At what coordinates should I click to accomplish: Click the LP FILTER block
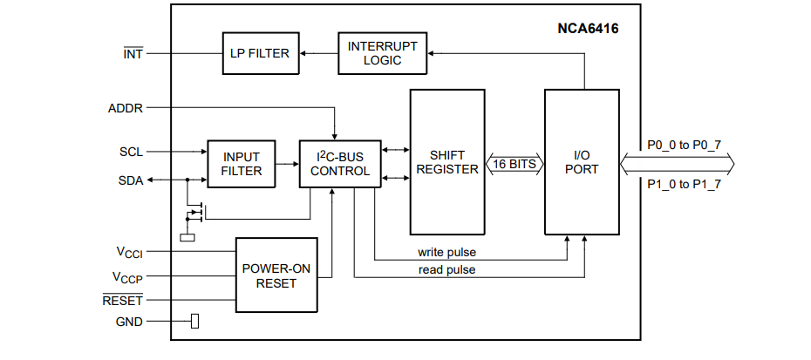[x=259, y=53]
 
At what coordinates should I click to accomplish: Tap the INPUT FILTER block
[x=241, y=164]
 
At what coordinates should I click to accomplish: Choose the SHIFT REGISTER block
[x=447, y=162]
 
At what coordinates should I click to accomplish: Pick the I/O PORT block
[x=582, y=162]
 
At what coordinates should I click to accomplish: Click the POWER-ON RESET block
[x=276, y=275]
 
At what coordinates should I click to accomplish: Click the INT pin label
[x=133, y=54]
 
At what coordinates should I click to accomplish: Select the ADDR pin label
[x=125, y=108]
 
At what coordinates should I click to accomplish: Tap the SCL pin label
[x=131, y=151]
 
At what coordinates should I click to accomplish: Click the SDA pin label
[x=131, y=180]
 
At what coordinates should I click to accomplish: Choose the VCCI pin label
[x=129, y=252]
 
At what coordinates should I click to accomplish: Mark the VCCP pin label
[x=127, y=278]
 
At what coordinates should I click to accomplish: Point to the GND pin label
[x=129, y=322]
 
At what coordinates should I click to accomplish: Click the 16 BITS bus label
[x=514, y=163]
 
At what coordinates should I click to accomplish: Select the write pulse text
[x=446, y=253]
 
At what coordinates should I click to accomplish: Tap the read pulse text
[x=446, y=270]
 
